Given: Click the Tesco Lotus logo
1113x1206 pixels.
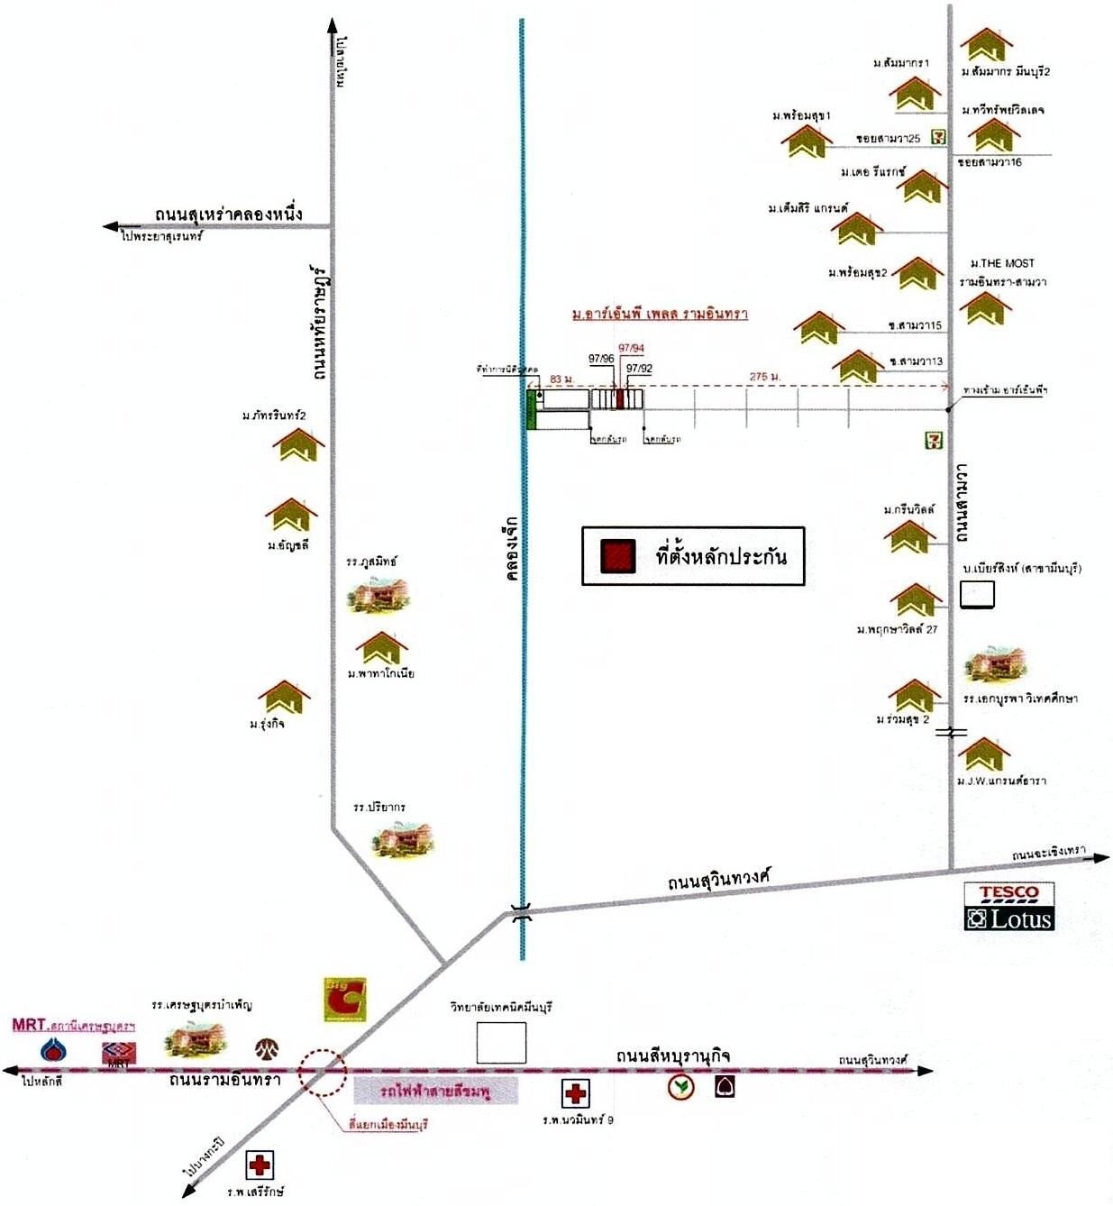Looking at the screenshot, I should [x=1008, y=907].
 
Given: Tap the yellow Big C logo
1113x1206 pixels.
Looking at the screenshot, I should [x=345, y=1000].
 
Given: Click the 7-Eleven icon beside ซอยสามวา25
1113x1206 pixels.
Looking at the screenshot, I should [x=938, y=138].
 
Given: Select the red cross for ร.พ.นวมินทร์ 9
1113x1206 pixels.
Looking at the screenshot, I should [x=575, y=1093].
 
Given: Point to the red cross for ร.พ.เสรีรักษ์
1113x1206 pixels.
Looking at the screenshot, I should [x=260, y=1165].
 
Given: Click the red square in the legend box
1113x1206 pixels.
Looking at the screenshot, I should [x=618, y=556].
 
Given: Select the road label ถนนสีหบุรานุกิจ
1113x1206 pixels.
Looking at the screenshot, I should [x=672, y=1055].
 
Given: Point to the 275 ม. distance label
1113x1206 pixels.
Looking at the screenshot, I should [x=764, y=377].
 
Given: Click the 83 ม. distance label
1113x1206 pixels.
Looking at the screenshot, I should [x=561, y=379].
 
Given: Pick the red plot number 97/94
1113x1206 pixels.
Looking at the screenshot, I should [x=631, y=349].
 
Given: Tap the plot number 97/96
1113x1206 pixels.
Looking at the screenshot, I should [x=601, y=359].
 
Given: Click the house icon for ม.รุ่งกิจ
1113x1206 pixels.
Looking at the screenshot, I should [x=284, y=697].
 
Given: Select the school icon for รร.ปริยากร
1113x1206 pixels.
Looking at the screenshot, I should [x=403, y=838].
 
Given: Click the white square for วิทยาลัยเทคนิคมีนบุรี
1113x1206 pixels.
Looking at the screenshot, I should [x=501, y=1042].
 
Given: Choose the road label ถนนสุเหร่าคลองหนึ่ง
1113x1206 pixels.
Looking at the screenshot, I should [x=228, y=215].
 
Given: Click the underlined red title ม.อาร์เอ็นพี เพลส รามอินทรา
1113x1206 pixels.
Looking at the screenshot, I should [x=660, y=314].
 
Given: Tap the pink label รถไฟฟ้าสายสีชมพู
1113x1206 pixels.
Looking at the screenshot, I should [x=435, y=1092].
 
